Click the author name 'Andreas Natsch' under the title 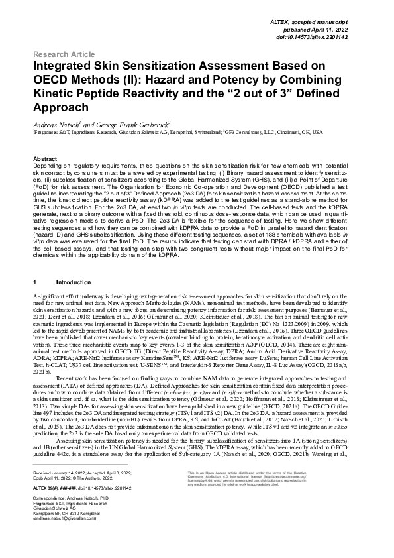pos(57,123)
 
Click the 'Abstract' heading pos(44,160)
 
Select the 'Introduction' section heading pos(73,282)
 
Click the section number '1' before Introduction pos(34,282)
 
